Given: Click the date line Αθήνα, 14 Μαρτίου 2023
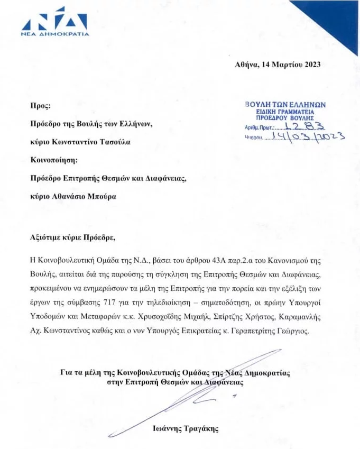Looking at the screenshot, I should coord(278,65).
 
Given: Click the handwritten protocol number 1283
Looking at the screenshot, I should coord(305,126).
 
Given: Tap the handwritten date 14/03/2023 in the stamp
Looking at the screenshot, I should coord(307,136).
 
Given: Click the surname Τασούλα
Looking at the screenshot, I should coord(114,142).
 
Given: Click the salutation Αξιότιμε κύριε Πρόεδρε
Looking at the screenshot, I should coord(72,237).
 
